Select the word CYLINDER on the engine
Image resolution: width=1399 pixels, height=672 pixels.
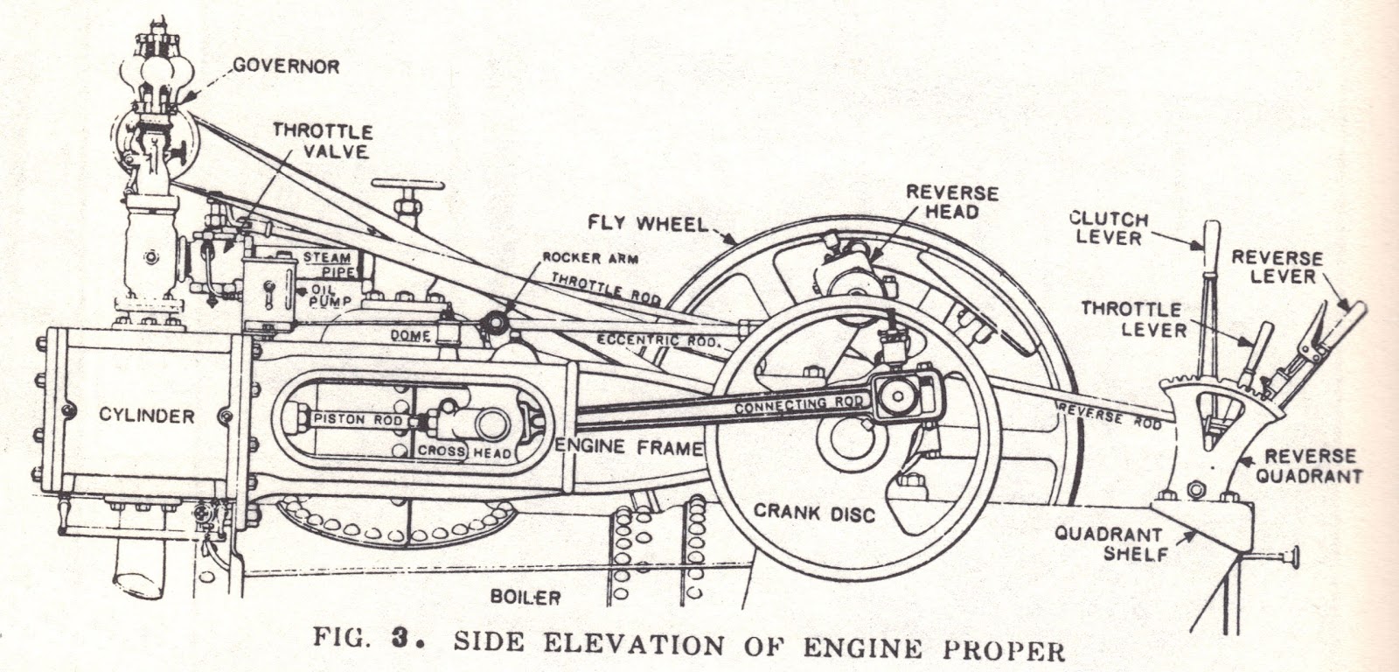click(x=146, y=416)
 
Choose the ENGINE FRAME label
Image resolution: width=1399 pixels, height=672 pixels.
click(x=629, y=447)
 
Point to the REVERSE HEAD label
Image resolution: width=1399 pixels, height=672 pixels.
click(x=940, y=201)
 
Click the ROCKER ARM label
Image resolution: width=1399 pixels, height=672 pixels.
click(x=590, y=258)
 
